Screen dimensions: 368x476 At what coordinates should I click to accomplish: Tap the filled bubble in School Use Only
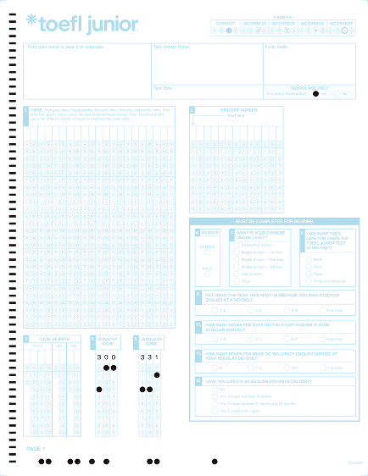(x=315, y=93)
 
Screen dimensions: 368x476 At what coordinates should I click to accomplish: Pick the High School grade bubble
(x=235, y=274)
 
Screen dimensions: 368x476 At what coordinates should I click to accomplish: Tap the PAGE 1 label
(x=36, y=448)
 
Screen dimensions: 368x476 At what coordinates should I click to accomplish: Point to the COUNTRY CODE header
(x=108, y=340)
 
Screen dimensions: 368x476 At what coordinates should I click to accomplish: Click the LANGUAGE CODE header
(x=149, y=340)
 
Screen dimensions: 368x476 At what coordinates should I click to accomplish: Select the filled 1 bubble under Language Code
(x=157, y=374)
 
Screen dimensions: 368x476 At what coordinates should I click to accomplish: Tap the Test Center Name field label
(x=169, y=47)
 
